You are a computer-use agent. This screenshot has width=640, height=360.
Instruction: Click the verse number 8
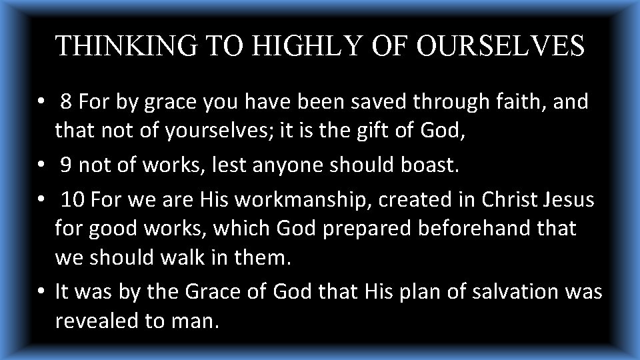(67, 102)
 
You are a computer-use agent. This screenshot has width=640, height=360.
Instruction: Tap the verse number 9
(67, 165)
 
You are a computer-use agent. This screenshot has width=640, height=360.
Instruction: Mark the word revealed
(99, 321)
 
